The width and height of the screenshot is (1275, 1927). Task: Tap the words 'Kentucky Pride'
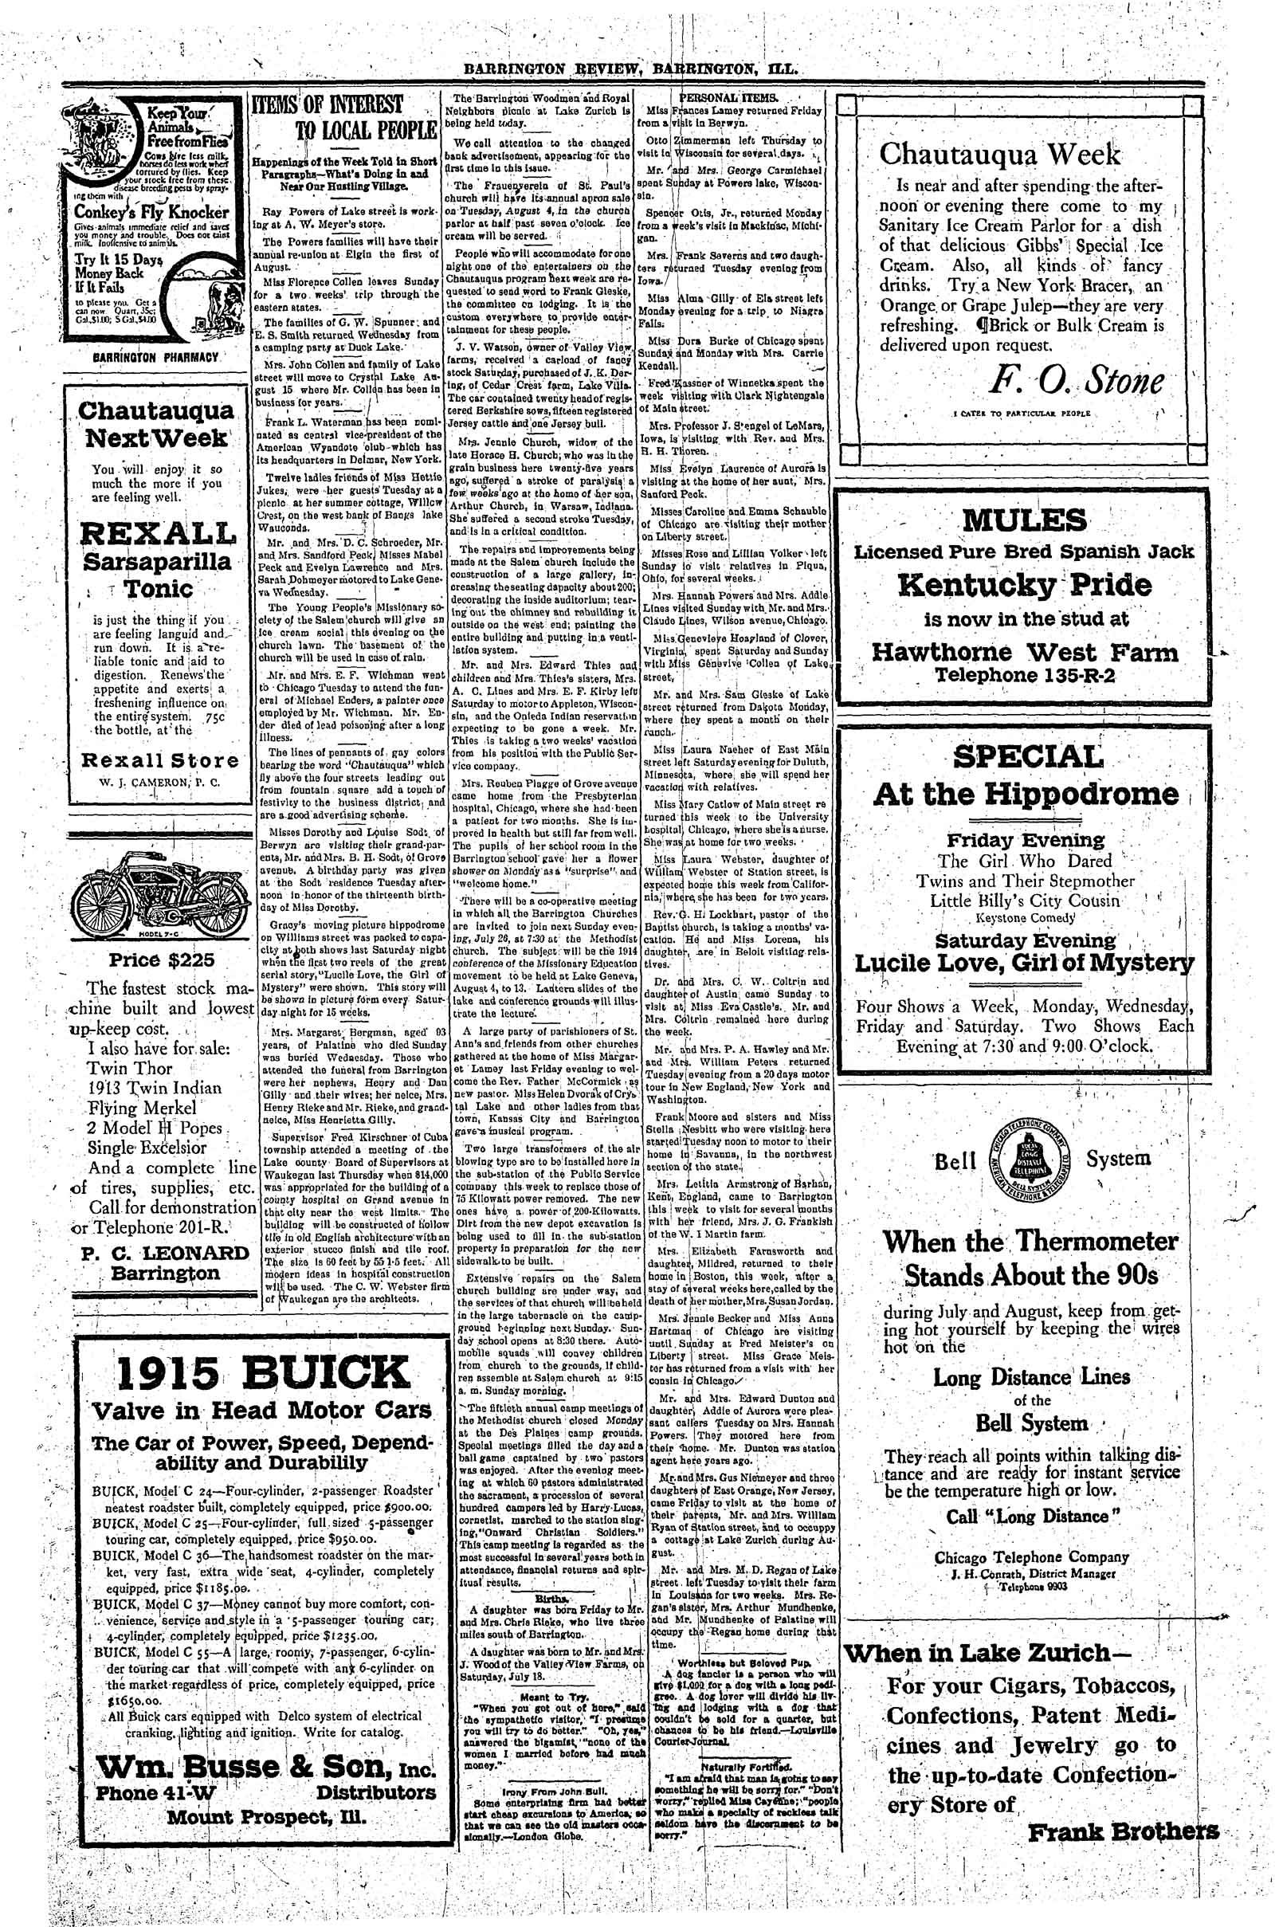pyautogui.click(x=1025, y=585)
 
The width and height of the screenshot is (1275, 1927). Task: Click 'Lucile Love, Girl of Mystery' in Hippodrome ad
pyautogui.click(x=1024, y=963)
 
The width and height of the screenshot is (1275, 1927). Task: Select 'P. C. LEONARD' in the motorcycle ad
pyautogui.click(x=165, y=1253)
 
